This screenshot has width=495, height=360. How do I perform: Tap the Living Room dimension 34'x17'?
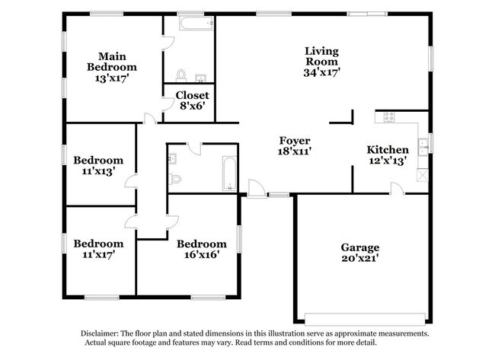pos(321,72)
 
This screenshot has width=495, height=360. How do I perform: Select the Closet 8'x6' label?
pos(192,100)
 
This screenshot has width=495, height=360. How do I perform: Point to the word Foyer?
pos(294,141)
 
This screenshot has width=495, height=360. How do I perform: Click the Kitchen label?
pos(388,150)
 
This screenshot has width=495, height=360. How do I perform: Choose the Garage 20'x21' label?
pos(359,247)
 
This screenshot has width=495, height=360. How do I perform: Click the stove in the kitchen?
pos(389,117)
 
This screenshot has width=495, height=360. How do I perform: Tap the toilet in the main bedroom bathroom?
pos(181,75)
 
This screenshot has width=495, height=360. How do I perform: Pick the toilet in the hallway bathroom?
pos(175,180)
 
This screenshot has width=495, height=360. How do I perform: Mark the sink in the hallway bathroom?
pos(172,159)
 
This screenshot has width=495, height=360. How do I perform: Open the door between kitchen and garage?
pos(397,189)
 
